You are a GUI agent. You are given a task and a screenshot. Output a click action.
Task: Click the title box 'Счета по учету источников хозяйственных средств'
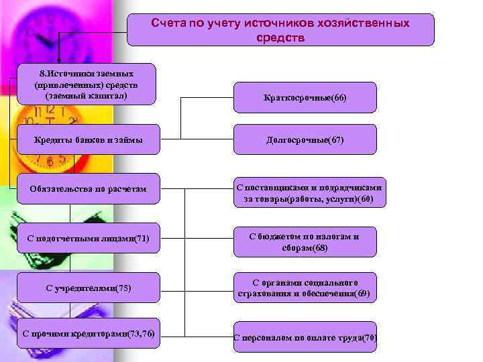pos(280,30)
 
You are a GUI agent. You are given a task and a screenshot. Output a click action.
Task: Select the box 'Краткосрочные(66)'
pos(305,98)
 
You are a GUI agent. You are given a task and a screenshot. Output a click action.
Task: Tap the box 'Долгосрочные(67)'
pos(305,139)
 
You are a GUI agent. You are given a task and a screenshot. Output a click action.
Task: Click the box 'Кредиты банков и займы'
pos(88,139)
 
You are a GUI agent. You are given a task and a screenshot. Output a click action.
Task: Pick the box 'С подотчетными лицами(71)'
pos(88,238)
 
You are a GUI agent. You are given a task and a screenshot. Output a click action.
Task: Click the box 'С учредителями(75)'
pos(88,288)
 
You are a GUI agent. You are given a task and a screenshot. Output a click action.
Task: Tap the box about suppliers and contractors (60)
pos(305,194)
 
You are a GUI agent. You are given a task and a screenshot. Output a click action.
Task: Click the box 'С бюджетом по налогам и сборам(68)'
pos(305,241)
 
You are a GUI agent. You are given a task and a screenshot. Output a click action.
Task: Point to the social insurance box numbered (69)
pos(305,288)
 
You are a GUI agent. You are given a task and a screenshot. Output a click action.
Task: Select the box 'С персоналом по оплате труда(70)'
pos(305,337)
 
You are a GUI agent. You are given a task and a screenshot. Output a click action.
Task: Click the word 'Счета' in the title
pos(168,23)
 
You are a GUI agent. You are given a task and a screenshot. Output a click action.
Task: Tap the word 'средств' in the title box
pos(280,38)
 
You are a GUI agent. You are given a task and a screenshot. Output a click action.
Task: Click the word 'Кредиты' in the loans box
pos(53,139)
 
